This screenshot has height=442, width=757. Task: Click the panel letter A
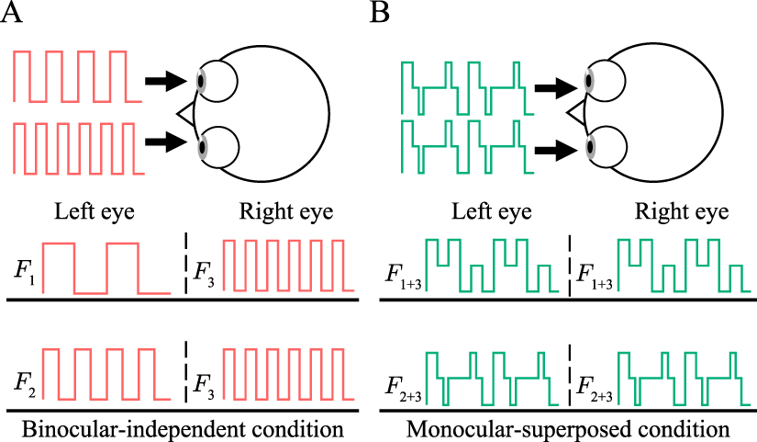coord(13,13)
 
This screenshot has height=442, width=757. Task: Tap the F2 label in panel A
coord(25,378)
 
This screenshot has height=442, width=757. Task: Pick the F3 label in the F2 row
coord(206,378)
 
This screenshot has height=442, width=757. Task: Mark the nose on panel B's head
coord(573,113)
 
